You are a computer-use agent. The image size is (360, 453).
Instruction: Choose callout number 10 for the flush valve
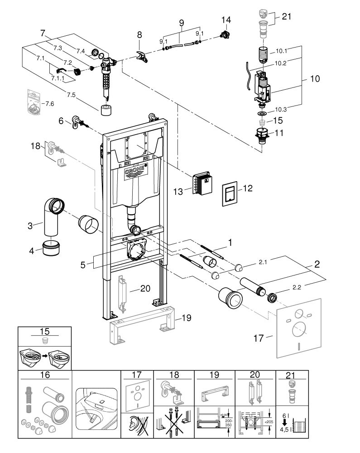click(x=315, y=79)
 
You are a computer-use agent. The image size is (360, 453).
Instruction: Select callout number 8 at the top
click(x=139, y=34)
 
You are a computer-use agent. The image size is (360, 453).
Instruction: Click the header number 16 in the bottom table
click(x=45, y=376)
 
